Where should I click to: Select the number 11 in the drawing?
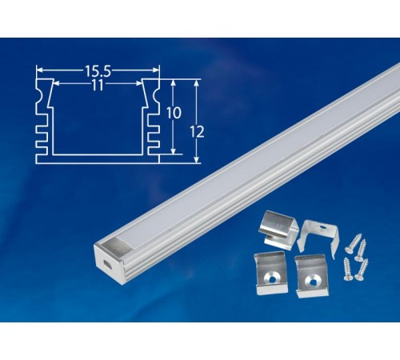pyautogui.click(x=98, y=85)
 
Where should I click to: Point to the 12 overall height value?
pyautogui.click(x=198, y=132)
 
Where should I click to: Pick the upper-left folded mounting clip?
pyautogui.click(x=279, y=229)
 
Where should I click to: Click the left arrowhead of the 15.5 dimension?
pyautogui.click(x=38, y=70)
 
